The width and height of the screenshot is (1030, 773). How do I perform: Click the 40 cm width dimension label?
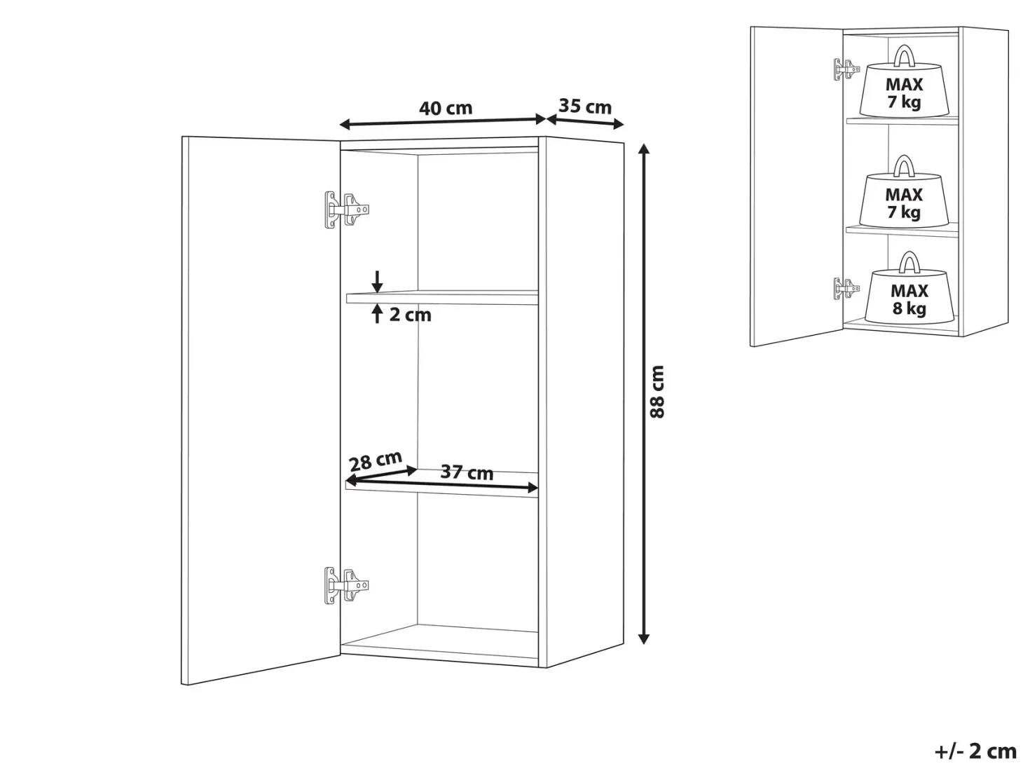coord(446,109)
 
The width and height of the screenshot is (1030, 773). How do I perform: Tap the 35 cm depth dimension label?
coord(585,107)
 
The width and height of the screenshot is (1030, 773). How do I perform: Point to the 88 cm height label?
coord(657,392)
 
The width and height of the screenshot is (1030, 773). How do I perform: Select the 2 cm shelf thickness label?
coord(410,315)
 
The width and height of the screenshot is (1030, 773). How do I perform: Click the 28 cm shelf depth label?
coord(376,460)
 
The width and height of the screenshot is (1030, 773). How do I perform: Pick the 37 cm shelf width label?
coord(467,472)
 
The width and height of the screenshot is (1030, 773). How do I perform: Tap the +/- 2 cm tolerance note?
coord(975,751)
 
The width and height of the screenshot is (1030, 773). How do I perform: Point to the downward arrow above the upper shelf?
coord(377,281)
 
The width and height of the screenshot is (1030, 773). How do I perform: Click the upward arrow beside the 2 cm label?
coord(377,313)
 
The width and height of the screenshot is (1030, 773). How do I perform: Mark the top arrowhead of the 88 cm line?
coord(644,149)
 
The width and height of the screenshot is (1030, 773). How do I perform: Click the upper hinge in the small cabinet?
coord(846,69)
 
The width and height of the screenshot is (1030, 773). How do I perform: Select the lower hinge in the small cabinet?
coord(846,288)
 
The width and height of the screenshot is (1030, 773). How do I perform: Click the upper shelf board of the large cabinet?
coord(442,298)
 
